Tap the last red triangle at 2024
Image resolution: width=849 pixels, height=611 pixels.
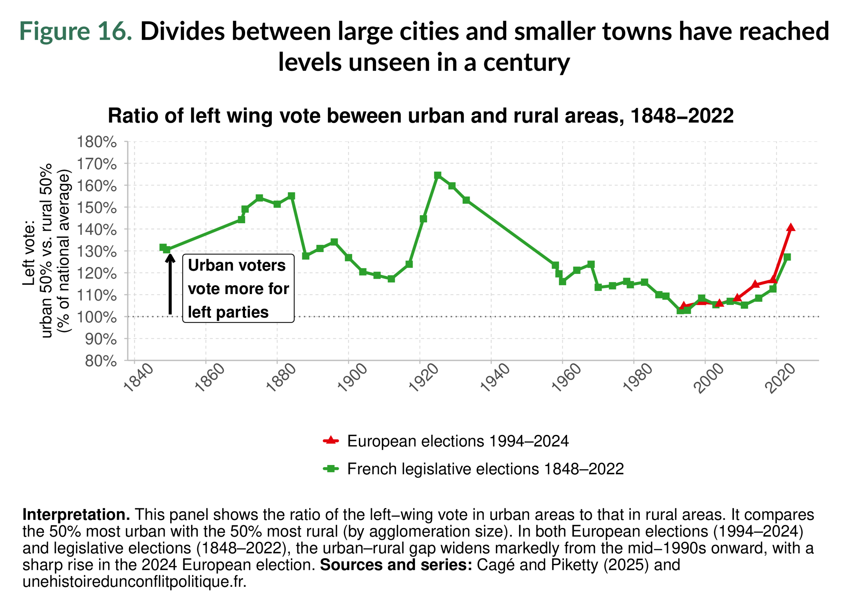click(791, 228)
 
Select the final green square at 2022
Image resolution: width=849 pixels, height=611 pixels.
click(787, 257)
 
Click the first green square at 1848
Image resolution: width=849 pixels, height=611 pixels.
click(163, 247)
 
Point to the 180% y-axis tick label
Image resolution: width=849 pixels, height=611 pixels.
click(97, 142)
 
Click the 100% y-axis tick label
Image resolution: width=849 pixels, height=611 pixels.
click(97, 317)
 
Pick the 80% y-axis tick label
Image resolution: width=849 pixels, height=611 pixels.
click(101, 361)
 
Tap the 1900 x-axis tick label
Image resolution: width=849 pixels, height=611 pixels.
click(352, 378)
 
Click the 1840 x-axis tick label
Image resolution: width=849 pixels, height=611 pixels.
click(138, 378)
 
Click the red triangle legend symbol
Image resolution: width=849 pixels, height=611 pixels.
click(331, 440)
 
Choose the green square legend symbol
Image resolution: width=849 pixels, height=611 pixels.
click(331, 468)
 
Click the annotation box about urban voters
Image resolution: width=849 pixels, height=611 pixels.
click(238, 288)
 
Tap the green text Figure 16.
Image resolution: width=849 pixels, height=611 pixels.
click(76, 31)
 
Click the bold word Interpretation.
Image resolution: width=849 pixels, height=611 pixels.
click(76, 515)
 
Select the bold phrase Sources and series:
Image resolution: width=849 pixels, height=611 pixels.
click(396, 565)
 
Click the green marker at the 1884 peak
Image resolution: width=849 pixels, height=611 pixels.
click(291, 196)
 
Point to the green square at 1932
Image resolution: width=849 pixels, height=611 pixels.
click(466, 200)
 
